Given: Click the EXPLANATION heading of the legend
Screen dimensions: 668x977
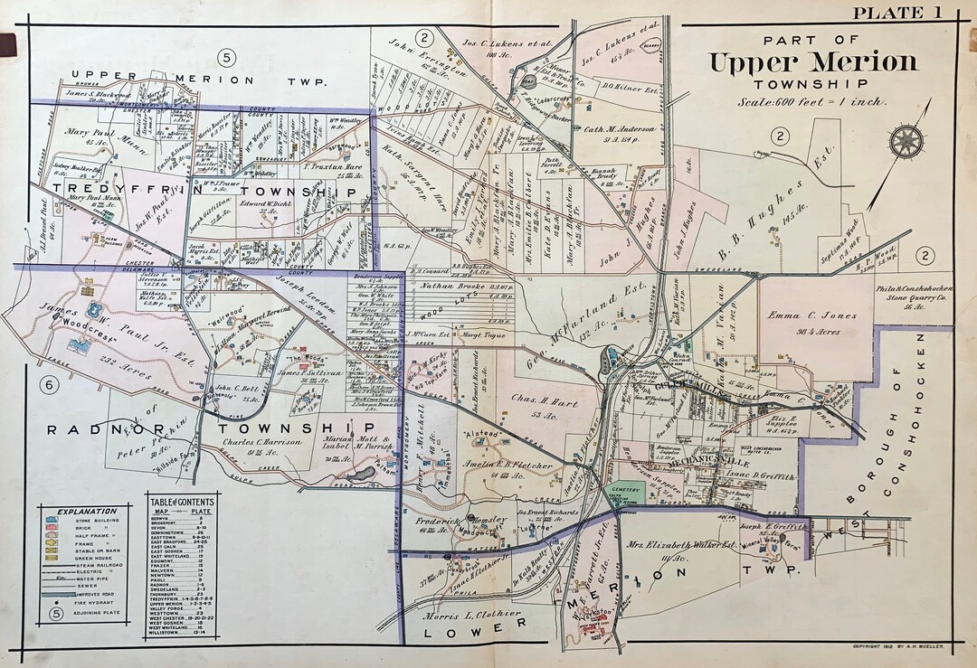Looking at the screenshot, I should (87, 511).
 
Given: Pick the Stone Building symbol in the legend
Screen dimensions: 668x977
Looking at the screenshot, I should (54, 522).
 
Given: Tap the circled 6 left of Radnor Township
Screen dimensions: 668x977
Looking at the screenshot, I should (51, 385).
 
